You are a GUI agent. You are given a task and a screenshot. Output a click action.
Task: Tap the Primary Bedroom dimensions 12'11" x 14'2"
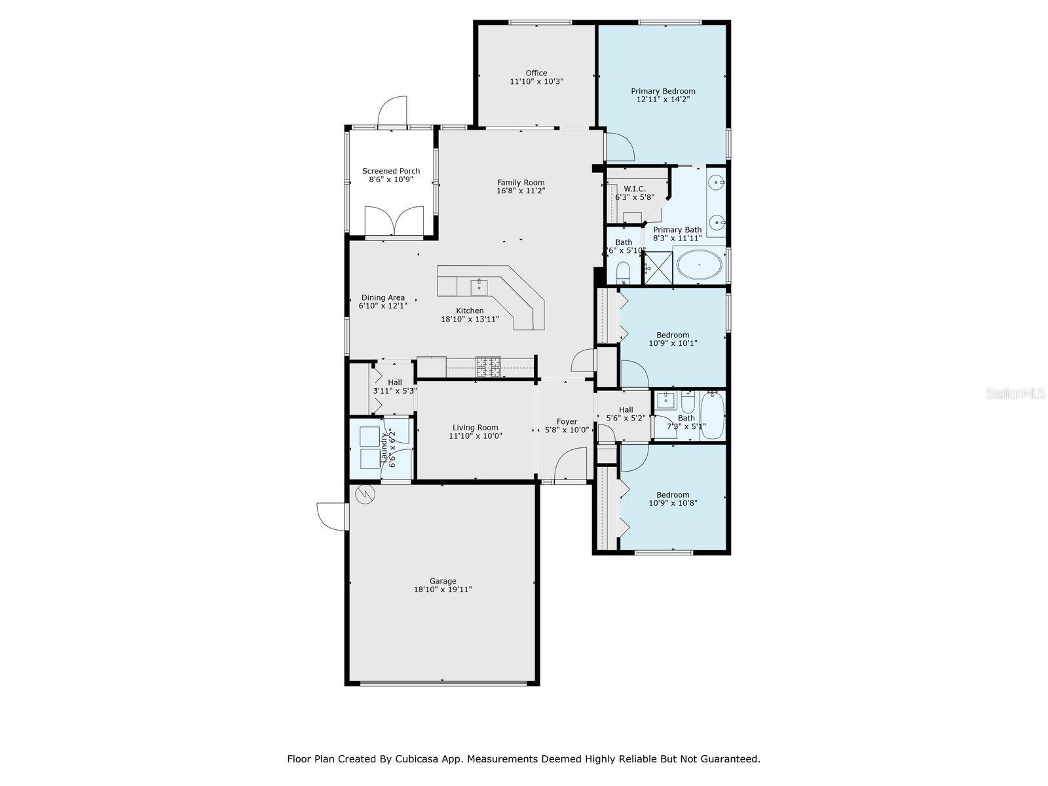tap(663, 100)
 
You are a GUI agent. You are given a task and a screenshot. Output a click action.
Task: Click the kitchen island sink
tap(479, 288)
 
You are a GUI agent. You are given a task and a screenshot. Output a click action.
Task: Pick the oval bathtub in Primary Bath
tap(700, 265)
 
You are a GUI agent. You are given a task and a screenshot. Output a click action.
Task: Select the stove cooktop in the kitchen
tap(488, 367)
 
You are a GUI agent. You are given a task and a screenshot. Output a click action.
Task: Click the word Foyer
tap(567, 421)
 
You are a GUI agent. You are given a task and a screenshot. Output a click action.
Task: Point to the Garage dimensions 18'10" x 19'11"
tap(443, 589)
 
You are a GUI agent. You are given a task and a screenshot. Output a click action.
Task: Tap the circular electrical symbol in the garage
tap(365, 495)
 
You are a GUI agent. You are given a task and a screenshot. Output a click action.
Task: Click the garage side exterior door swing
tap(330, 516)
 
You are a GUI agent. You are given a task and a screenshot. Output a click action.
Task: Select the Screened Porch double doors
tap(394, 221)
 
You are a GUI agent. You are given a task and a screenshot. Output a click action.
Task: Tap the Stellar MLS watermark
tap(1015, 394)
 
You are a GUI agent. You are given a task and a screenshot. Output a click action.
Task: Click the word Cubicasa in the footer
tap(415, 759)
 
